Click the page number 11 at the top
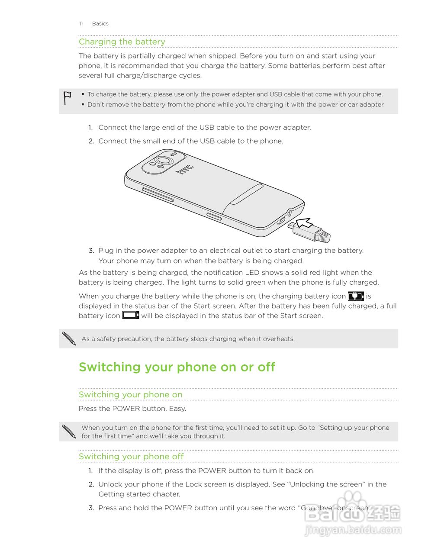click(80, 24)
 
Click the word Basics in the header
click(100, 24)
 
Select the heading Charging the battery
click(122, 42)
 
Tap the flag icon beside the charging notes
click(67, 98)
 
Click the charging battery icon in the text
click(356, 296)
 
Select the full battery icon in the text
click(130, 315)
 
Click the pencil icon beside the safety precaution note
click(69, 338)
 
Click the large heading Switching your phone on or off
click(177, 367)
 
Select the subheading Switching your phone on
click(130, 395)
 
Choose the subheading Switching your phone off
click(131, 457)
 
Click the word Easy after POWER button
click(177, 409)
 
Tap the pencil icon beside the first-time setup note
click(69, 432)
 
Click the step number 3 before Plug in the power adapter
click(91, 251)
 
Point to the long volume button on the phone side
click(158, 195)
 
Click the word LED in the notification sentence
click(252, 273)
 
